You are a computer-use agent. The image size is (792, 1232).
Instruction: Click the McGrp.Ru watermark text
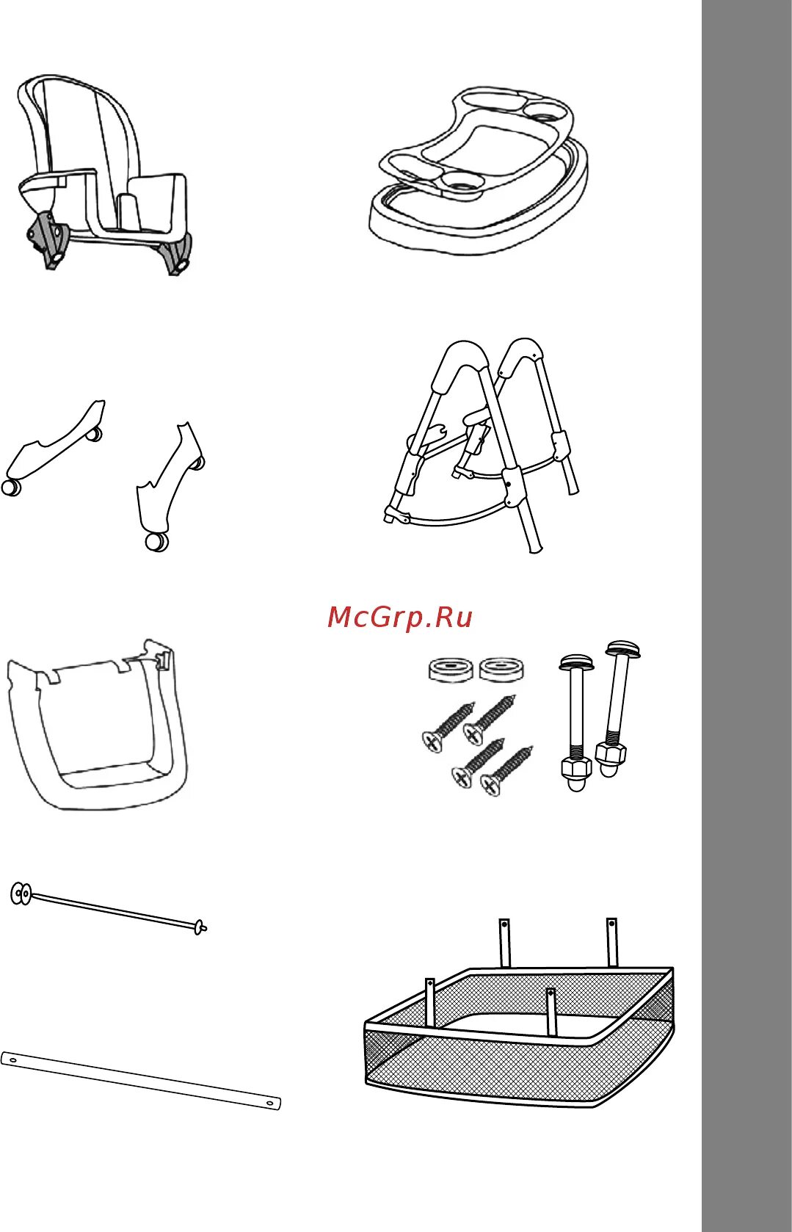click(400, 617)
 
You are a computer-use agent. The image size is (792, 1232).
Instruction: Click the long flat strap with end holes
click(141, 1081)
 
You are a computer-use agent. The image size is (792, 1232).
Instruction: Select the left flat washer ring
click(451, 670)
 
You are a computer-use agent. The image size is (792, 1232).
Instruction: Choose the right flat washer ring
click(501, 669)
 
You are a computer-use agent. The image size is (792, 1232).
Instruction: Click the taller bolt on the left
click(576, 722)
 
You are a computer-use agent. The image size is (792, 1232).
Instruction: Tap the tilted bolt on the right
click(618, 709)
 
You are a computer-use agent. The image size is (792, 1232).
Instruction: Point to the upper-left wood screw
click(448, 727)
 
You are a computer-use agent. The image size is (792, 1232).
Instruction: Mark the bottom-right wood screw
click(506, 771)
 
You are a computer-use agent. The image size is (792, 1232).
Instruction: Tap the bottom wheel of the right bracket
click(157, 542)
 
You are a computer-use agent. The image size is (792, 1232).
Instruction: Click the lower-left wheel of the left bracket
click(11, 488)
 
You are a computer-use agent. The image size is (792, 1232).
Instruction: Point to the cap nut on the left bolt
click(576, 775)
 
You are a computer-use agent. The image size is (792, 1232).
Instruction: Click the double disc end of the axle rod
click(21, 894)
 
